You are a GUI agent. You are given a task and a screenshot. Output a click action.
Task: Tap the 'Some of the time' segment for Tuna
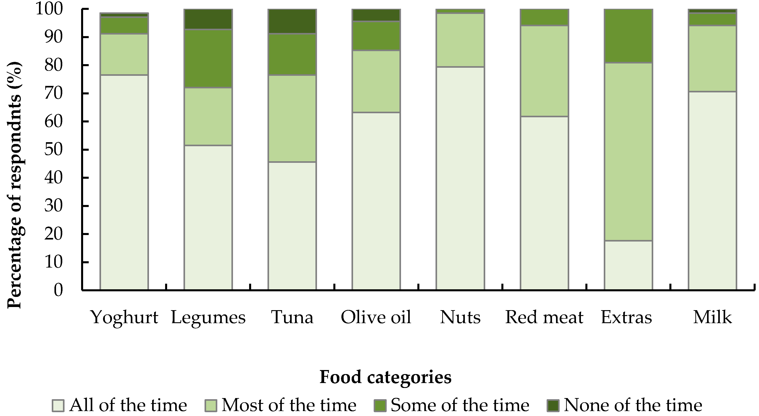coord(292,54)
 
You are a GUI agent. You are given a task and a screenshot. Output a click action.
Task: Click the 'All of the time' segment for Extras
coord(628,265)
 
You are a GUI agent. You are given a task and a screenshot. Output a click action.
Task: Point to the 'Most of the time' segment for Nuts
coord(460,40)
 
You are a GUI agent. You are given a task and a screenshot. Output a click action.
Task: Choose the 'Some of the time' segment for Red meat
coord(544,17)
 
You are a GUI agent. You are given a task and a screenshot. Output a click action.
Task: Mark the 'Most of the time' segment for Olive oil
coord(376,81)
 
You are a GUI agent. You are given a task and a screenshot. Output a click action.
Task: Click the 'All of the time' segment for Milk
coord(712,191)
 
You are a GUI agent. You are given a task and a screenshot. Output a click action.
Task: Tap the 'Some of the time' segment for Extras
coord(628,36)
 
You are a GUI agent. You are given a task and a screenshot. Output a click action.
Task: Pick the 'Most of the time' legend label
coord(289,405)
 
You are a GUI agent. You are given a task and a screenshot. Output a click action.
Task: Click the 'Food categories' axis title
coord(385,377)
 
